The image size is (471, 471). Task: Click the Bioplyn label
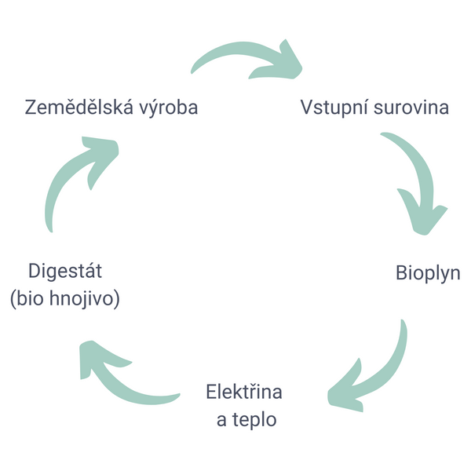pyautogui.click(x=427, y=273)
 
